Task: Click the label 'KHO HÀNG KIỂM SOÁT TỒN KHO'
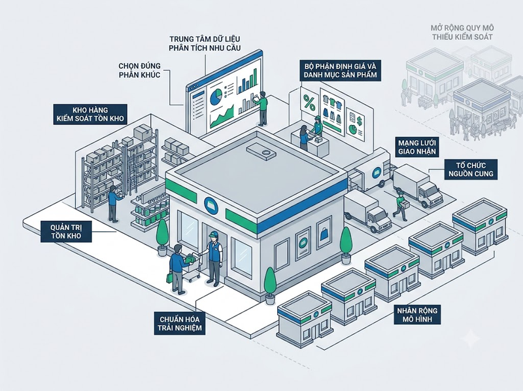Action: tap(90, 115)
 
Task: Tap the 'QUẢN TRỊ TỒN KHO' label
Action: tap(66, 231)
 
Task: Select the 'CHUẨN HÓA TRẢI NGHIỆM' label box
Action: tap(180, 323)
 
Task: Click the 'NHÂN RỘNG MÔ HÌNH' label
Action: tap(417, 314)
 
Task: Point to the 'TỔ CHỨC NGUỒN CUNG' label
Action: tap(471, 170)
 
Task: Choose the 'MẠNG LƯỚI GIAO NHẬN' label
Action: tap(417, 147)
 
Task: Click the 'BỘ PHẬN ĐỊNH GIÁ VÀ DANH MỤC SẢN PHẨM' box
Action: tap(340, 70)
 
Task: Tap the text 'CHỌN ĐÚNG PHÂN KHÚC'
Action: tap(140, 70)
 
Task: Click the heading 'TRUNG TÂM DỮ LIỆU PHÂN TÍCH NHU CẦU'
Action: tap(205, 43)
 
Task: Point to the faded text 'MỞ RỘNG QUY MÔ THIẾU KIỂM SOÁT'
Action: tap(462, 32)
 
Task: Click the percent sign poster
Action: tap(309, 102)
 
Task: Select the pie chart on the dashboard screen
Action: tap(216, 95)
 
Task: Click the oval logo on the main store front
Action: tap(211, 205)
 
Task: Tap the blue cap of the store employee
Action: tap(213, 234)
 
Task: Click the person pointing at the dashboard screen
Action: tap(262, 108)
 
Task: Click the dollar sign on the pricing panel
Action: tap(360, 121)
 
